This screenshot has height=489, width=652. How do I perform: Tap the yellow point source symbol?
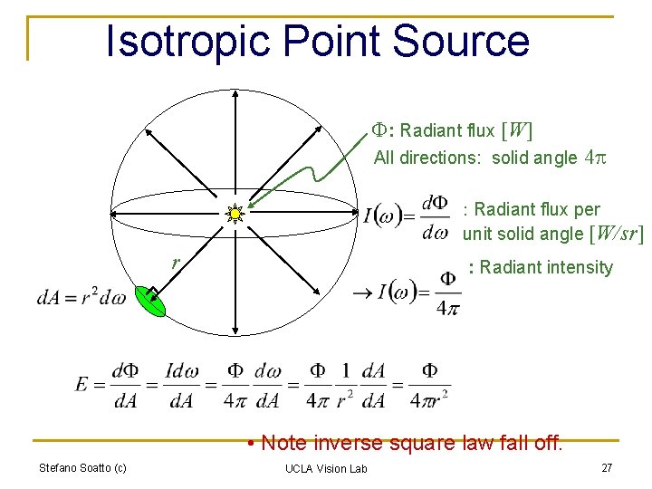coord(235,214)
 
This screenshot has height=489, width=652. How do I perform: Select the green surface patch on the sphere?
coord(150,302)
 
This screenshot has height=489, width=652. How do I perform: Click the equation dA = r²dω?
coord(81,298)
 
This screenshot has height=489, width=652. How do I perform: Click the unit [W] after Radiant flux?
coord(516,131)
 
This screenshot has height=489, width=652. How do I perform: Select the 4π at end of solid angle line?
coord(595,158)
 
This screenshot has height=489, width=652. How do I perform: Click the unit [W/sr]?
coord(615,234)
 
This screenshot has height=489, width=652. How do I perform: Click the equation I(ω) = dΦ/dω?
coord(405,217)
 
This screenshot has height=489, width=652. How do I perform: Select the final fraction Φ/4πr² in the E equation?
coord(429,385)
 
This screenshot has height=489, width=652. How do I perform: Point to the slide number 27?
coord(607,468)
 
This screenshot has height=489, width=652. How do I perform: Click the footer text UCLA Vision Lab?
coord(326,468)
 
